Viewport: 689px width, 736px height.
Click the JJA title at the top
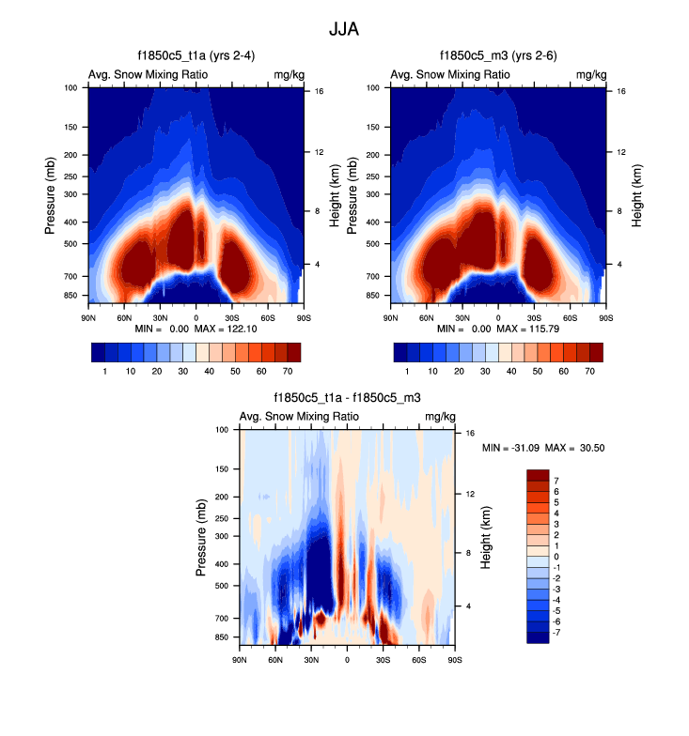point(343,29)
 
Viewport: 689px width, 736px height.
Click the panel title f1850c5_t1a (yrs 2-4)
point(196,56)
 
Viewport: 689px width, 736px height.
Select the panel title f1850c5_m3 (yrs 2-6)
point(498,56)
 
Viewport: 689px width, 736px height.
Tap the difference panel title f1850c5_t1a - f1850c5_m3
point(347,398)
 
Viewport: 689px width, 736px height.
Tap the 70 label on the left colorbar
point(287,372)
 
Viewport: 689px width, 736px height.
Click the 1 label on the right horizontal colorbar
point(407,372)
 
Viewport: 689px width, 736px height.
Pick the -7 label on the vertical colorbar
point(556,635)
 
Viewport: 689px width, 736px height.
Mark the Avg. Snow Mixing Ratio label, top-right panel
point(450,74)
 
